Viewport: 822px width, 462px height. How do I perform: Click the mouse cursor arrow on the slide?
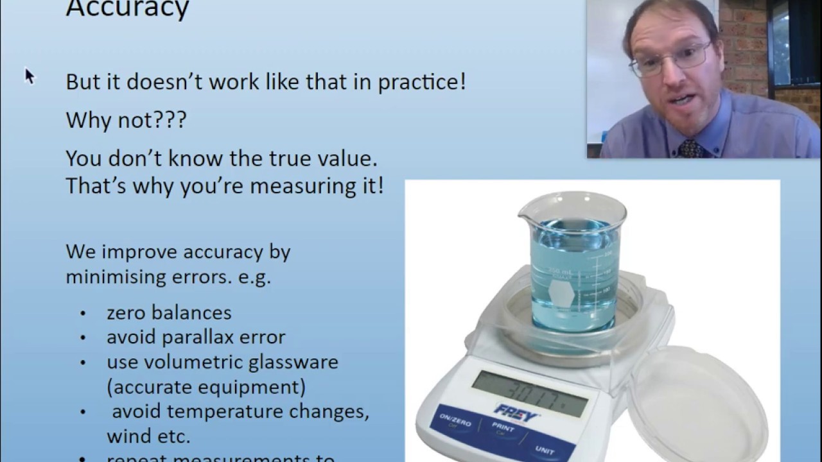29,76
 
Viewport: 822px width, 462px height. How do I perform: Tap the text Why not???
126,120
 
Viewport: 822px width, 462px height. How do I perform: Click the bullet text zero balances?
169,313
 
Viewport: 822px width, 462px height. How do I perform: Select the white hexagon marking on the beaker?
561,296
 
